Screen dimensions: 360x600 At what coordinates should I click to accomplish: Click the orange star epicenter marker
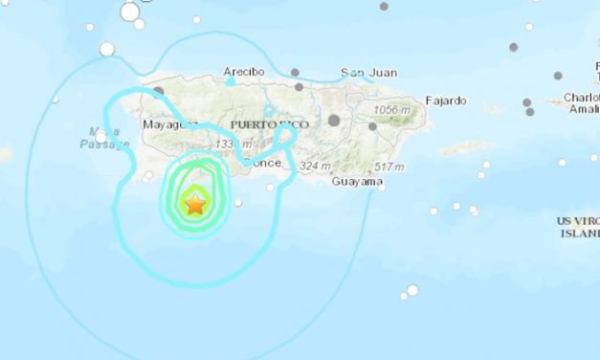point(195,204)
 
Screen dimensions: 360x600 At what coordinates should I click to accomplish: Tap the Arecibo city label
point(244,72)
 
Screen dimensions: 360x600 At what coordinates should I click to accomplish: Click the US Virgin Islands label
point(580,227)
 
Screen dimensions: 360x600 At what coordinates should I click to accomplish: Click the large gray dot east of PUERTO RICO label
point(334,120)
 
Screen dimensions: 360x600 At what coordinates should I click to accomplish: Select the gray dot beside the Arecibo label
point(295,72)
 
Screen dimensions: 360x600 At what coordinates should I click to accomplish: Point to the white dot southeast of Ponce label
point(271,188)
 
